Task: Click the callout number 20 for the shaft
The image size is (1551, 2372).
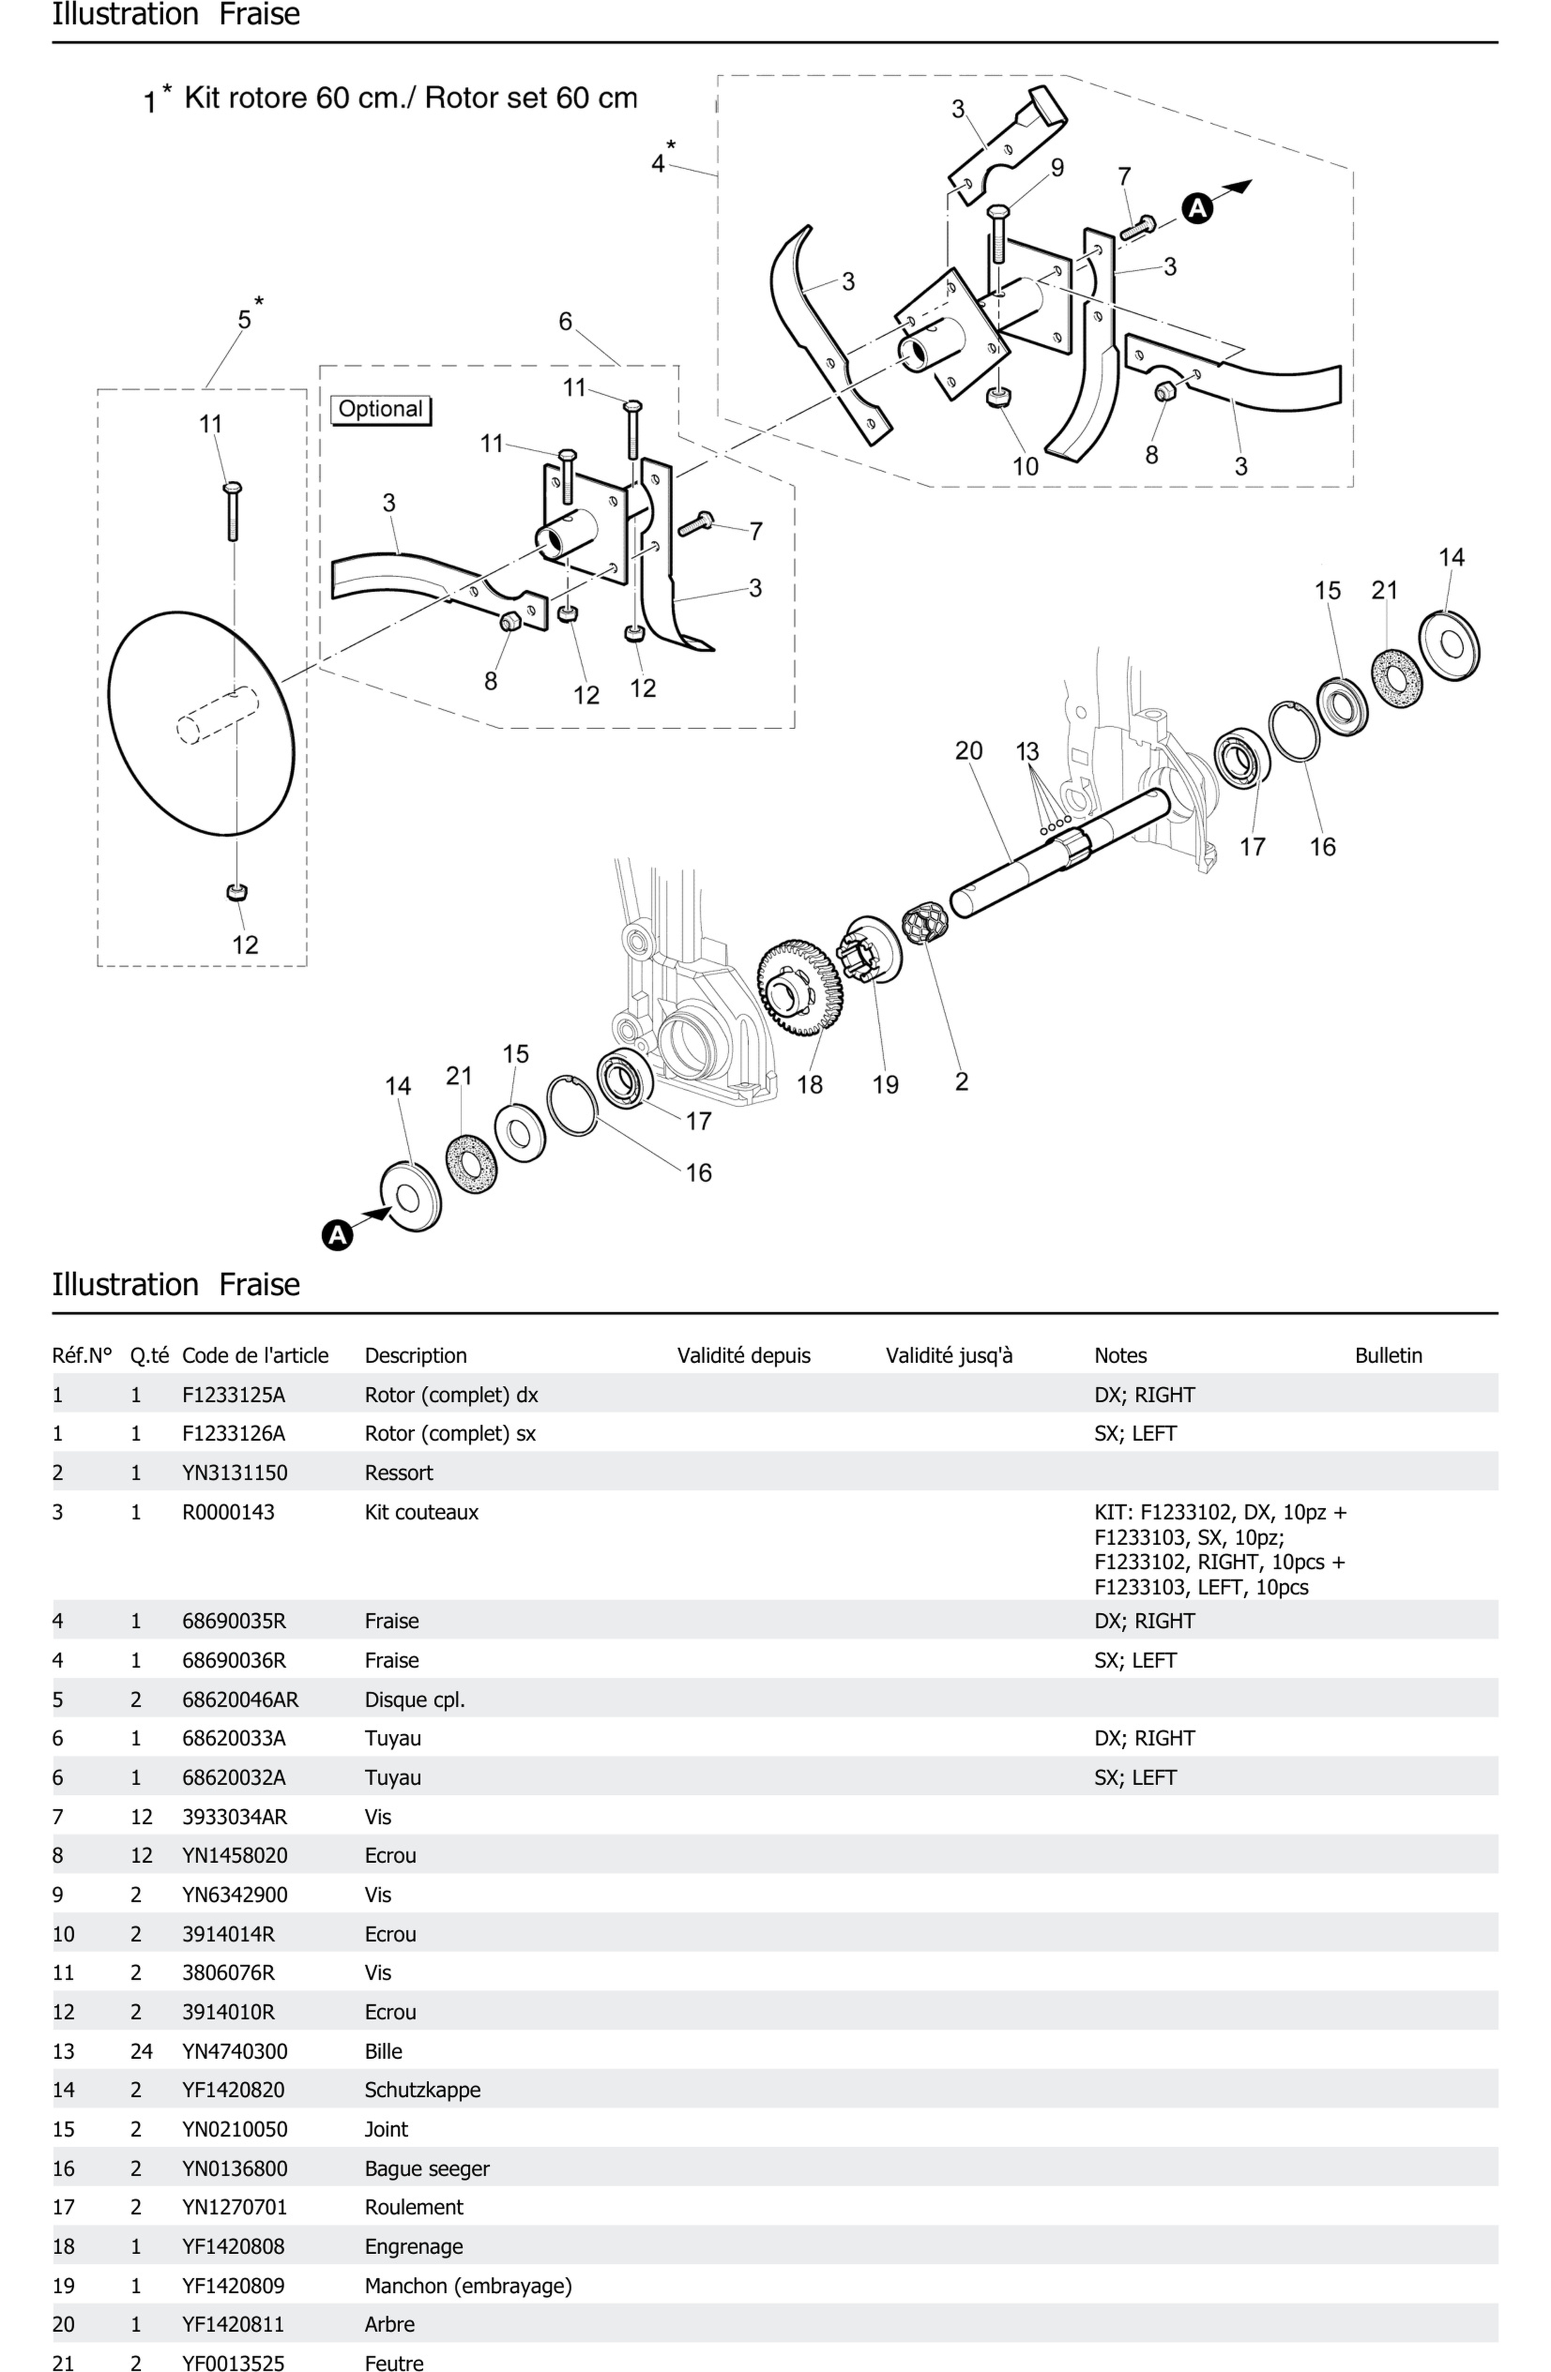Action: click(968, 750)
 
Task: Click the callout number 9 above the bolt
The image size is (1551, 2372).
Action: click(1057, 167)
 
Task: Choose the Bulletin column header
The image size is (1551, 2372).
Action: click(1389, 1355)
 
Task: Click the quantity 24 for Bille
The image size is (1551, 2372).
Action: click(142, 2051)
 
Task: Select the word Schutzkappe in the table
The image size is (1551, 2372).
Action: click(423, 2090)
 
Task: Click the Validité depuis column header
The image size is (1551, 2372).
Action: click(744, 1355)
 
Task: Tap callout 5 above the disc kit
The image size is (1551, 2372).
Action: click(244, 320)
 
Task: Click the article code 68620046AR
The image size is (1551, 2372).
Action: click(240, 1699)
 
